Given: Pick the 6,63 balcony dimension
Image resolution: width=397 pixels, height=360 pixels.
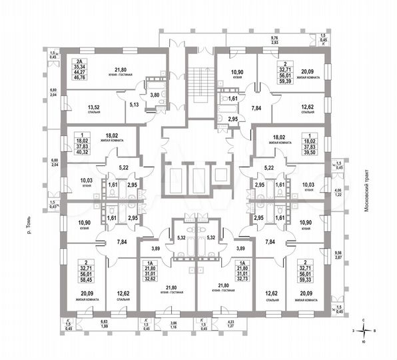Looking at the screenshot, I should coord(105,321).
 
